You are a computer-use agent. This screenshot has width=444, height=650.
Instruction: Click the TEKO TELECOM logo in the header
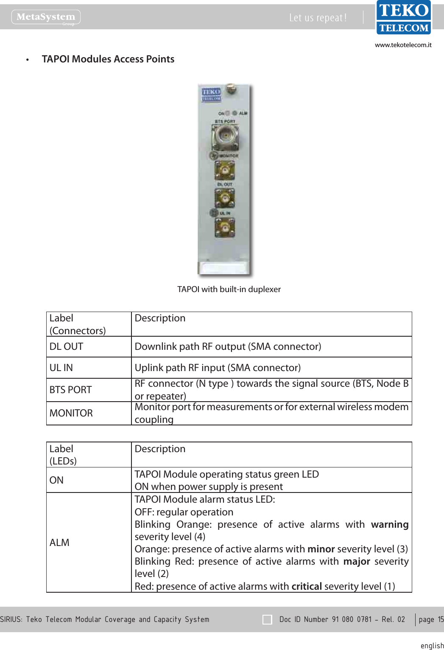[x=404, y=18]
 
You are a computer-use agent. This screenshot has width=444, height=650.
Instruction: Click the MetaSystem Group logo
[x=46, y=17]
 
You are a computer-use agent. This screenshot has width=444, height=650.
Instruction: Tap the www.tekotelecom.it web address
[x=403, y=45]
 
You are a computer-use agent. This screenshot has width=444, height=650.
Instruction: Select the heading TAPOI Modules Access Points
[x=108, y=59]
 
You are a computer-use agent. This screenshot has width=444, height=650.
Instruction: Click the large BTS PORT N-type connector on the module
[x=225, y=136]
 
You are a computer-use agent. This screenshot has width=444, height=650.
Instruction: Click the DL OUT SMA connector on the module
[x=224, y=198]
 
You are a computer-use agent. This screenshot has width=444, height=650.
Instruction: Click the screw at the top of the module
[x=230, y=89]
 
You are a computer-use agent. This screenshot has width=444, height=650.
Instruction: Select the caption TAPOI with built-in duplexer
[x=229, y=289]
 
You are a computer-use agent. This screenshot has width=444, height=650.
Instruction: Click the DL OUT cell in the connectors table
[x=67, y=346]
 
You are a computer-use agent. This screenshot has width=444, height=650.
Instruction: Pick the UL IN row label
[x=61, y=368]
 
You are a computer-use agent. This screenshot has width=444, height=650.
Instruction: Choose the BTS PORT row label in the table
[x=70, y=390]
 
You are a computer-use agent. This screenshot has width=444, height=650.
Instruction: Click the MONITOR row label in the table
[x=71, y=413]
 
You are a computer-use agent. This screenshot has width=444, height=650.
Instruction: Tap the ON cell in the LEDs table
[x=56, y=480]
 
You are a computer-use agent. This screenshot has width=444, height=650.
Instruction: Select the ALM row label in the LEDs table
[x=59, y=543]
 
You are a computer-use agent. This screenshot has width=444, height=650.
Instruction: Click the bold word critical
[x=307, y=586]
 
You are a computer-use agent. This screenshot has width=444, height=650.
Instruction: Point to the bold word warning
[x=389, y=524]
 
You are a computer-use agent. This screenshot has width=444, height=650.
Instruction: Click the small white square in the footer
[x=267, y=620]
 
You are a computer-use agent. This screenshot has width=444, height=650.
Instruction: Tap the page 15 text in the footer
[x=431, y=619]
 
